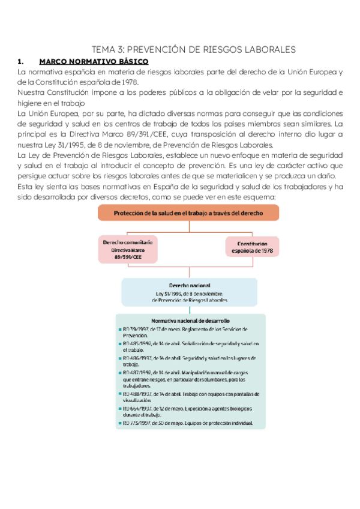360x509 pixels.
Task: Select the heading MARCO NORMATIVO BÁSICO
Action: [x=94, y=61]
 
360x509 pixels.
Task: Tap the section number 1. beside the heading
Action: [x=21, y=61]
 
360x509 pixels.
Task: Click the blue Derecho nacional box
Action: [x=190, y=293]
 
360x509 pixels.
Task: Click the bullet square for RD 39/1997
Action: [x=120, y=330]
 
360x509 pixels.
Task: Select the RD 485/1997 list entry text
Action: [x=190, y=346]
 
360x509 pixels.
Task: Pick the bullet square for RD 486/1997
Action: [x=120, y=358]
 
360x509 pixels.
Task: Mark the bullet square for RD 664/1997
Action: [x=120, y=408]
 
